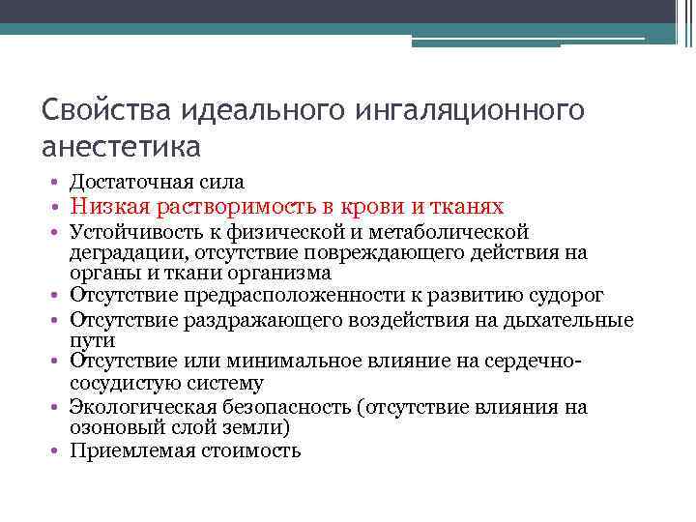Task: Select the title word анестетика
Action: tap(122, 147)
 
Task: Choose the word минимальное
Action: tap(280, 362)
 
